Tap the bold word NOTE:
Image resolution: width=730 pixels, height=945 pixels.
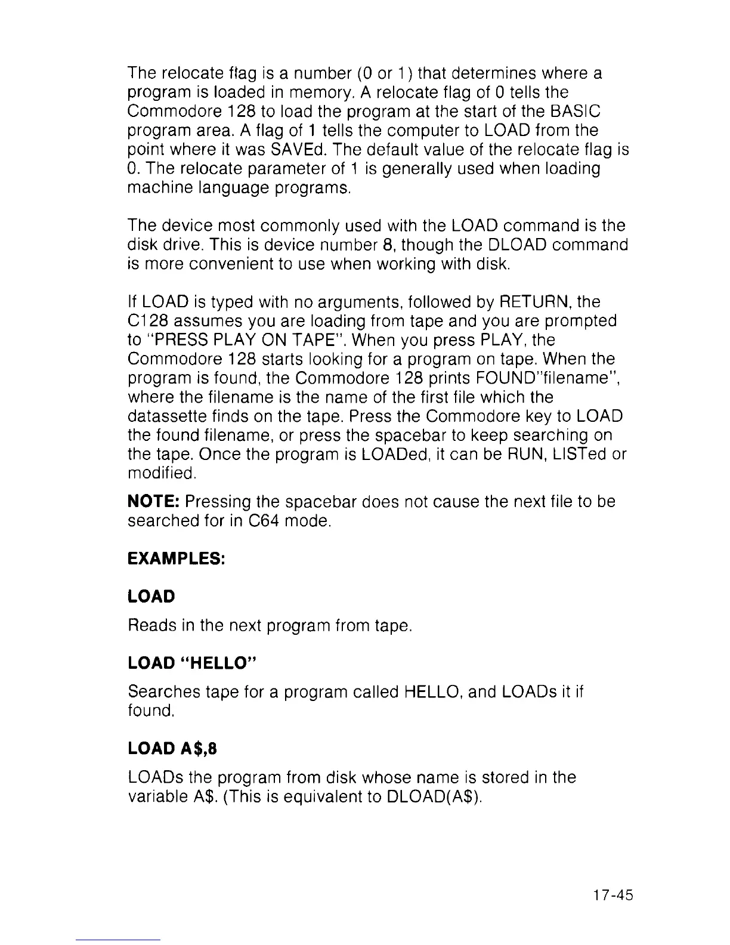154,502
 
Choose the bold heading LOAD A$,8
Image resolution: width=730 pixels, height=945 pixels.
172,749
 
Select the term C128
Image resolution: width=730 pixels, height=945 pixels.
147,321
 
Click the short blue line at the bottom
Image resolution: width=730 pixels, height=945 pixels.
119,940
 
